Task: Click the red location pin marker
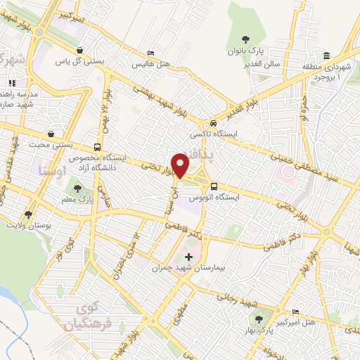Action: coord(181,165)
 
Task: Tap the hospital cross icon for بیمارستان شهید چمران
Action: coord(188,257)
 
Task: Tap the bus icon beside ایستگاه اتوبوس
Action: coord(213,187)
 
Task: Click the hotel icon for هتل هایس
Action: coord(150,54)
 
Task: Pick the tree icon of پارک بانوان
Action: coord(245,39)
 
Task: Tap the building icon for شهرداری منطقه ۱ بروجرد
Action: coord(326,56)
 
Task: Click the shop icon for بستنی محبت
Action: coord(51,134)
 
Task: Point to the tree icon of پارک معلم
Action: coord(77,188)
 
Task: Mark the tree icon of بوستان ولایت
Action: coord(29,214)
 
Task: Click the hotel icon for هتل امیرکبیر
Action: coord(295,311)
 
